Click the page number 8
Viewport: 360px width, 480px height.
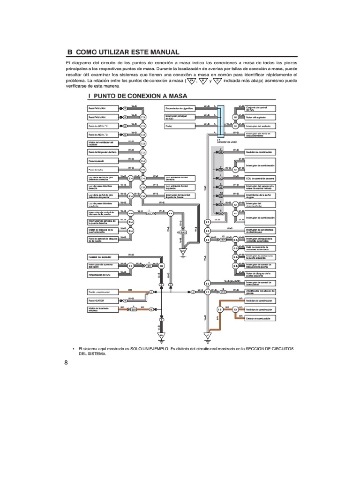point(66,362)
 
